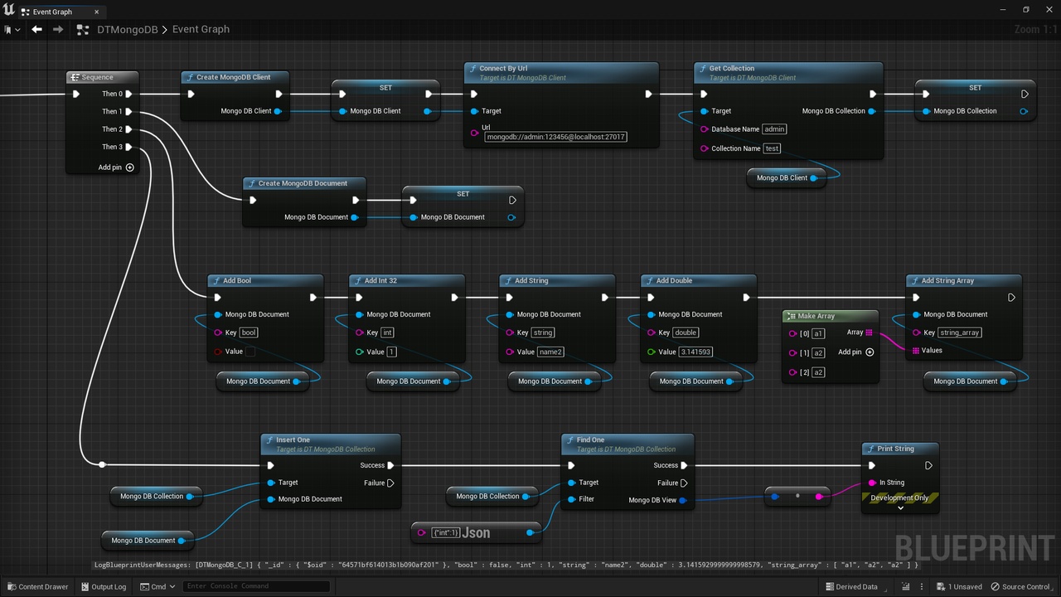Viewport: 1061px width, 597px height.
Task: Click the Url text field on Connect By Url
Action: point(555,137)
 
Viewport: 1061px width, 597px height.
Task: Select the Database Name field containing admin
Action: point(774,129)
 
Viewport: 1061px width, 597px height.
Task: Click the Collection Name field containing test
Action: point(772,148)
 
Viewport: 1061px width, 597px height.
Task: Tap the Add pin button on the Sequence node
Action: point(130,167)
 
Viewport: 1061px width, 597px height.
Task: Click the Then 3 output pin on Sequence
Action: point(128,147)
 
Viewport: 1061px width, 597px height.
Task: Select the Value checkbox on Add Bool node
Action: point(250,352)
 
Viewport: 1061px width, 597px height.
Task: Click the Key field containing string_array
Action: point(959,332)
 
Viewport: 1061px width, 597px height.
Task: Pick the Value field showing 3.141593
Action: point(695,352)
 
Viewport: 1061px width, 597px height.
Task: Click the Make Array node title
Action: point(816,316)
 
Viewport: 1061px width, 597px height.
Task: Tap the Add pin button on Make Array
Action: point(870,352)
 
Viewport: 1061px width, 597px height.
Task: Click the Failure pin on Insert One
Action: point(390,483)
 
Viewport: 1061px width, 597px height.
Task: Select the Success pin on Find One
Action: point(684,465)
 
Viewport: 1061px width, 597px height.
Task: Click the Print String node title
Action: point(895,449)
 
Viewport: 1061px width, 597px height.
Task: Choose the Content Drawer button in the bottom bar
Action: point(38,586)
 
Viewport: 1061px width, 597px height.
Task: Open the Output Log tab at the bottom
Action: point(104,586)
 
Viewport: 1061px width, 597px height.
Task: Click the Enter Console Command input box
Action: point(256,586)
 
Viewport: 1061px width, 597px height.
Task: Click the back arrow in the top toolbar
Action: point(36,29)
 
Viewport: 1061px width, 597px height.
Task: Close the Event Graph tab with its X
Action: point(97,12)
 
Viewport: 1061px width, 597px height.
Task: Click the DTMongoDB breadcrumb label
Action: point(128,29)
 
